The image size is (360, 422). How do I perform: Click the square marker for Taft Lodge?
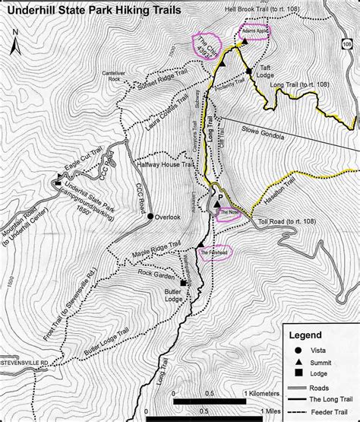248,69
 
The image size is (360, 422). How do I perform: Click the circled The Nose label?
229,213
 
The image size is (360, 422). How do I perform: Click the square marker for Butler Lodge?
183,282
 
